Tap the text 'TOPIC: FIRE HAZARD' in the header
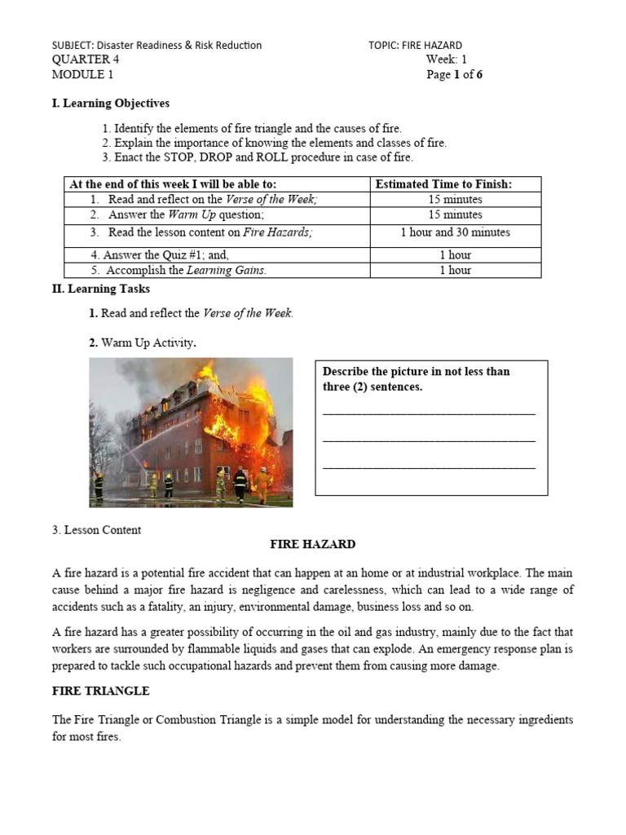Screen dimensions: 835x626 click(x=415, y=46)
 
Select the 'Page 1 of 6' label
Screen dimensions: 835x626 click(x=454, y=75)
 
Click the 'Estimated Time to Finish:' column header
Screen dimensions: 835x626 click(x=443, y=185)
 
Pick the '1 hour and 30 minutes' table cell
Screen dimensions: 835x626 click(x=455, y=232)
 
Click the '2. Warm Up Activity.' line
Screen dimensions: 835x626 click(x=143, y=343)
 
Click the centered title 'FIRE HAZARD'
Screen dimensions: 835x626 click(x=313, y=545)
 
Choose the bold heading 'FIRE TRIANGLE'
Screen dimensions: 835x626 click(x=100, y=691)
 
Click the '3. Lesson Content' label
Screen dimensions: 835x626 click(x=96, y=530)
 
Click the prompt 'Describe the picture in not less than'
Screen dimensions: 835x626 click(x=416, y=372)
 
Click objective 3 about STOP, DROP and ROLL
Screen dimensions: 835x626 click(x=258, y=157)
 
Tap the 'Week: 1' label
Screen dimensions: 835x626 click(x=446, y=60)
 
